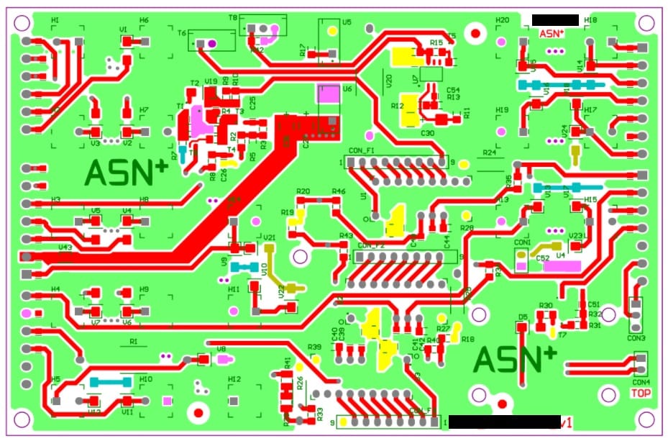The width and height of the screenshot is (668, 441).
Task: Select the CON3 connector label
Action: click(x=636, y=338)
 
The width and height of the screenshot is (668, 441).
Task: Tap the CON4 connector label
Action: click(x=641, y=382)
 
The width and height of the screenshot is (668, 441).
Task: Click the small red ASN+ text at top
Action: click(x=552, y=33)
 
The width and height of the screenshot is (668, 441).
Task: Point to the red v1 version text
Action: click(x=565, y=423)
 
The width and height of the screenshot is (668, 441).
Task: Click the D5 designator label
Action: click(x=523, y=317)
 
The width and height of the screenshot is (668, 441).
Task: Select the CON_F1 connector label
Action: click(x=362, y=150)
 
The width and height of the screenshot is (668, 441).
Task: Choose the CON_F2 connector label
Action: click(x=372, y=245)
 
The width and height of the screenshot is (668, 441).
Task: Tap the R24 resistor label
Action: click(x=490, y=153)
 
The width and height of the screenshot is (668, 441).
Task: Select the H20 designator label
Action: click(x=502, y=20)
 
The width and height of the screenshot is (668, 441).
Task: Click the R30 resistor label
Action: click(x=546, y=306)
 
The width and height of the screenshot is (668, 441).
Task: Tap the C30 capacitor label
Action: click(x=427, y=134)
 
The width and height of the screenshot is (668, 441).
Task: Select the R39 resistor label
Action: click(x=314, y=347)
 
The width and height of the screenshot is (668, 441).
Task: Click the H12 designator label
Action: click(x=234, y=379)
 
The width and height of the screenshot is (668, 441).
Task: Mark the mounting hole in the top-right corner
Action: click(x=646, y=23)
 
